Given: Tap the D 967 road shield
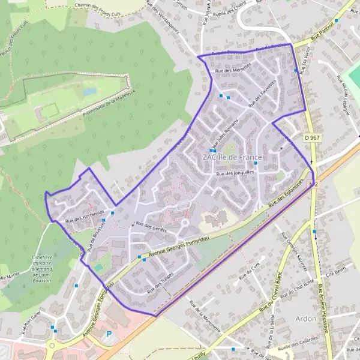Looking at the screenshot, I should [310, 138].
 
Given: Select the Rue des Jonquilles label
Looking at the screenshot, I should [235, 173].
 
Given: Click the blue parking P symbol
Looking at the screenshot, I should [109, 334].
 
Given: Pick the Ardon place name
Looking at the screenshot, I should [306, 319].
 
